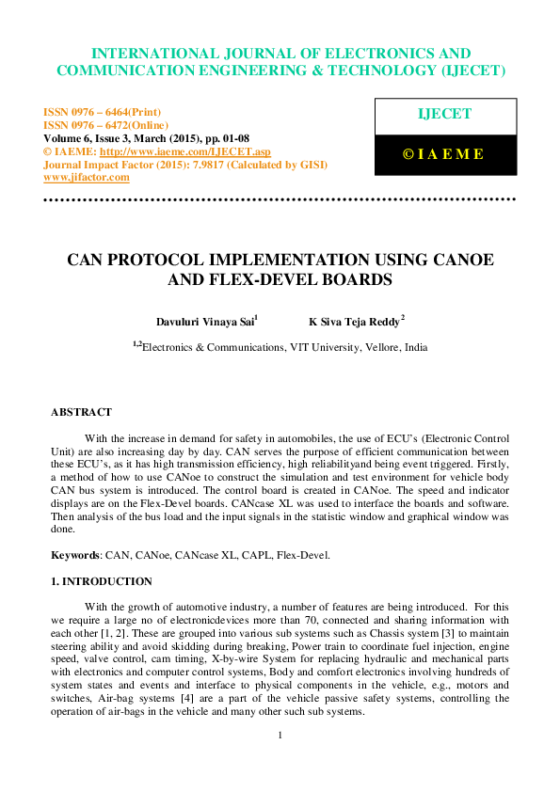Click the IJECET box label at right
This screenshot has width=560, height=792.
tap(443, 114)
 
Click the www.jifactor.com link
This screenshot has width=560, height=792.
tap(87, 177)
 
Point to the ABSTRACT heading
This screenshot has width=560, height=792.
tap(81, 412)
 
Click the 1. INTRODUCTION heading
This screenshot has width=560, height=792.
tap(101, 581)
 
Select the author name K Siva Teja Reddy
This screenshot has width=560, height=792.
tap(355, 321)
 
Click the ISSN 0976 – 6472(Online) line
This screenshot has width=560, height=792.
tap(106, 125)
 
